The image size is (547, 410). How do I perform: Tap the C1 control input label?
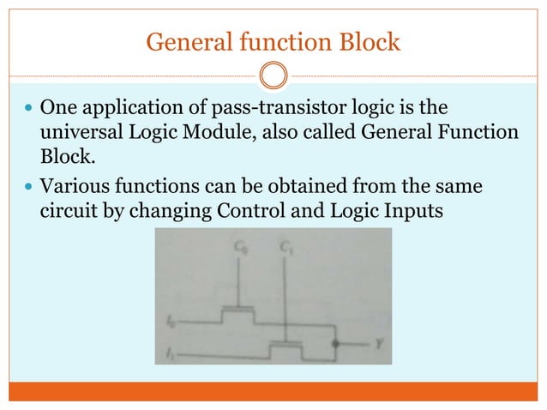click(284, 249)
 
